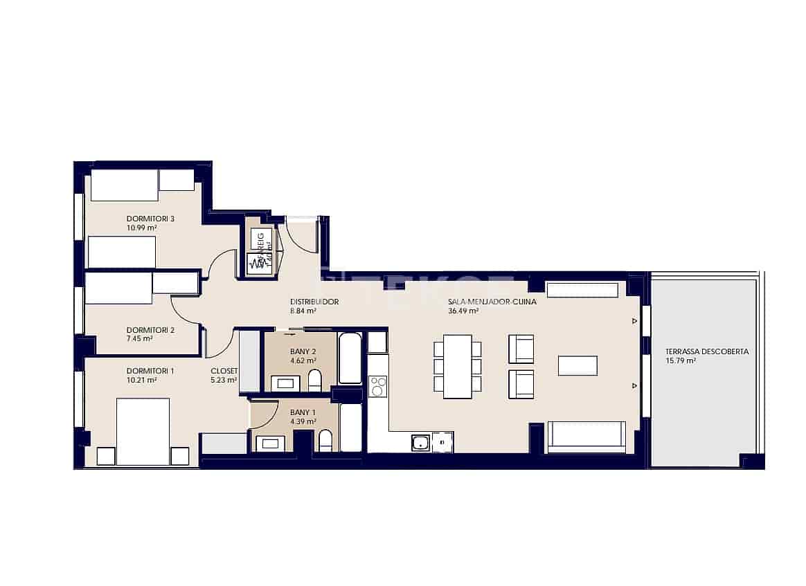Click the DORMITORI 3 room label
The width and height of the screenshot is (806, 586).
(x=150, y=219)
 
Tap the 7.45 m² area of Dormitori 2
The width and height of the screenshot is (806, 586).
(x=140, y=339)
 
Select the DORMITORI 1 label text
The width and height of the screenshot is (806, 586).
(x=150, y=371)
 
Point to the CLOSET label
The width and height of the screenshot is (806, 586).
(x=224, y=371)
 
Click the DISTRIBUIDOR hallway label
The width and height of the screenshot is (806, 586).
(x=314, y=302)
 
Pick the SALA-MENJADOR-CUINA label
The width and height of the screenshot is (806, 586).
(x=492, y=302)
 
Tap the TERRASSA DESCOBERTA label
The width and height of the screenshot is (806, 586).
(x=706, y=351)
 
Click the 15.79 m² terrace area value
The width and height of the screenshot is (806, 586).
(x=681, y=360)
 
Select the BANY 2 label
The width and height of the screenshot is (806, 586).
(x=303, y=351)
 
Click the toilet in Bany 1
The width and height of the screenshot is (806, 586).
(x=325, y=440)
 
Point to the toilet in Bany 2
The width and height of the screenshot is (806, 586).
(x=315, y=381)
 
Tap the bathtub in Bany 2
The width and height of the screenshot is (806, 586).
(x=350, y=358)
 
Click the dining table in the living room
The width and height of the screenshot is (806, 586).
(x=457, y=366)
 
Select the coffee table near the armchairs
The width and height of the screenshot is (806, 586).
(x=577, y=365)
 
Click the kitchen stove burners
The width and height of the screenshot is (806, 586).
(x=378, y=386)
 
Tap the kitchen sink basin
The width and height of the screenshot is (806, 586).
(x=420, y=442)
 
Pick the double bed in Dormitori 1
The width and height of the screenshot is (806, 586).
(x=143, y=431)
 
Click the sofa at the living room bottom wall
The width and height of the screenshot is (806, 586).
(x=586, y=437)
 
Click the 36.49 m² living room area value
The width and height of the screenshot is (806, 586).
(x=464, y=311)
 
